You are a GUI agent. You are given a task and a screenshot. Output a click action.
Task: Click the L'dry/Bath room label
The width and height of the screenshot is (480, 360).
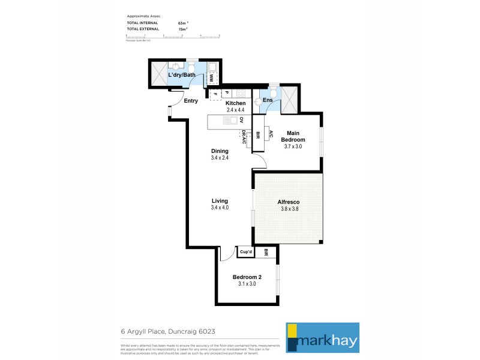(x=182, y=76)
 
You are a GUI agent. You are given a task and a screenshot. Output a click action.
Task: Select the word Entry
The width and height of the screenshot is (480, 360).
(x=191, y=101)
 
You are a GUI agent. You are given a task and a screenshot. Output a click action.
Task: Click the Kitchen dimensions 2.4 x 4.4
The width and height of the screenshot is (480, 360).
(x=236, y=110)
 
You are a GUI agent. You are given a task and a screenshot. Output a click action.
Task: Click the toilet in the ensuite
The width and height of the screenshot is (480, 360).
(x=273, y=93)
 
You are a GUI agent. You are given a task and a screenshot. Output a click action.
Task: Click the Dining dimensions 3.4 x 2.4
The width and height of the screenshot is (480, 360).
(x=220, y=158)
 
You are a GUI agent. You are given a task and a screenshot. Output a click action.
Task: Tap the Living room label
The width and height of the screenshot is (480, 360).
(x=220, y=201)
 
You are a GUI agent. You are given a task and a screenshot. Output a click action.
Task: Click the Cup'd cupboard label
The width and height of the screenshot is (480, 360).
(x=246, y=253)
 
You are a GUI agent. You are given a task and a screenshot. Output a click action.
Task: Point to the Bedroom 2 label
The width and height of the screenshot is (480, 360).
(x=247, y=277)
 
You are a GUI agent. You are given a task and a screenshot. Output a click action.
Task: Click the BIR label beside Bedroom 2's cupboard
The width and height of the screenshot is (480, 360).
(x=266, y=253)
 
